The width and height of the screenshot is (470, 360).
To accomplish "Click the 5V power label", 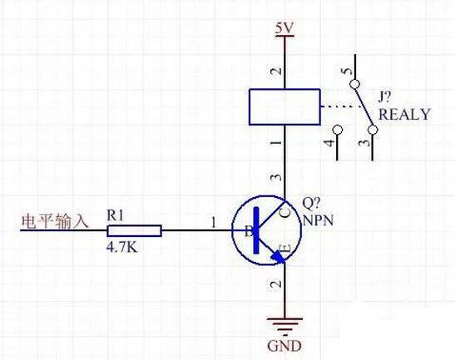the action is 284,29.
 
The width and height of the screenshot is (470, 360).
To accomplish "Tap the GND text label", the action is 284,346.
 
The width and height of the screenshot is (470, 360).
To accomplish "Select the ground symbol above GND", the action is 284,325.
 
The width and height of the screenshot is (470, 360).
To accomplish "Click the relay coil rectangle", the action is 284,106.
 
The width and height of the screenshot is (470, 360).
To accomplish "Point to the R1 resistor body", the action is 134,230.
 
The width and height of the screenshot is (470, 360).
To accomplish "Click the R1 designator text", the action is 115,215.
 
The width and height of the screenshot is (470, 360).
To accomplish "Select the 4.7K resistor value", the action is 122,247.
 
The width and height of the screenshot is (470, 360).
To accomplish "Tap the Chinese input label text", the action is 55,222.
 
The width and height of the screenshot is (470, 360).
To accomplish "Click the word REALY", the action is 404,115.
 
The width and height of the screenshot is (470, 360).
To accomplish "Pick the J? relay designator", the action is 385,97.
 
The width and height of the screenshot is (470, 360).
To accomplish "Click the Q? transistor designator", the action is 311,204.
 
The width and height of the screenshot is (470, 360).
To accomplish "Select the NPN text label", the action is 318,220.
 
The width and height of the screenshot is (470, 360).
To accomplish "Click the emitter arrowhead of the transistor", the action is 278,257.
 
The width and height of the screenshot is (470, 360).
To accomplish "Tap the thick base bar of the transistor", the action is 256,230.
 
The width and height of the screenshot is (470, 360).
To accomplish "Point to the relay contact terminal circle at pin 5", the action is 355,84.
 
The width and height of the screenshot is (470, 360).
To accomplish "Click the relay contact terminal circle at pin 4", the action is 338,130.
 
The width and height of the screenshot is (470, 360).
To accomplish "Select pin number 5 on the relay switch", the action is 347,71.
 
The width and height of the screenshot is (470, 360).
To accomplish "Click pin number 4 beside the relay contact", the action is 329,143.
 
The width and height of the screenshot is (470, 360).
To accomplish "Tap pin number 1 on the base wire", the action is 213,223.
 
